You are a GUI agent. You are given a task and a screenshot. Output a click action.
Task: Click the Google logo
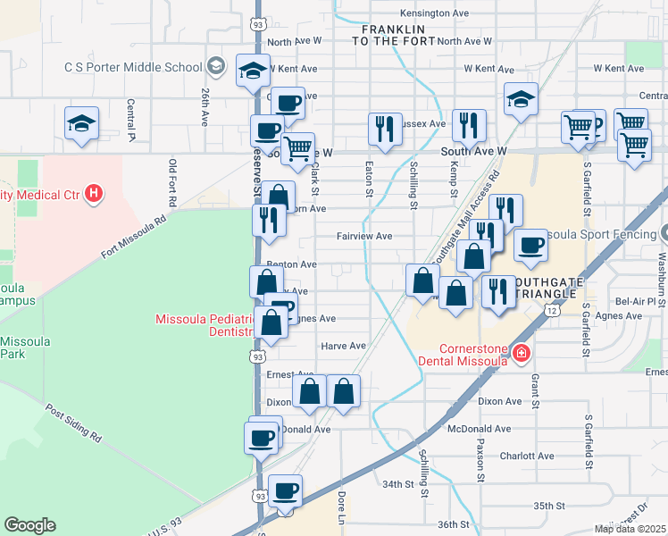[29, 525]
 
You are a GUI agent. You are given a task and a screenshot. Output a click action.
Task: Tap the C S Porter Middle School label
[133, 67]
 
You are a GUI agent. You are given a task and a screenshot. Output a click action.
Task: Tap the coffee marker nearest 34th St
[285, 490]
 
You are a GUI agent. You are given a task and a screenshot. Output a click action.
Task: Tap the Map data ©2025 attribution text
[630, 529]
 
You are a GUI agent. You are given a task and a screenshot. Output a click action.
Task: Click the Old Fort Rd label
[172, 180]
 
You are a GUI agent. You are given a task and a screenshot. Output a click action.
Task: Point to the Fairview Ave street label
[363, 237]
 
